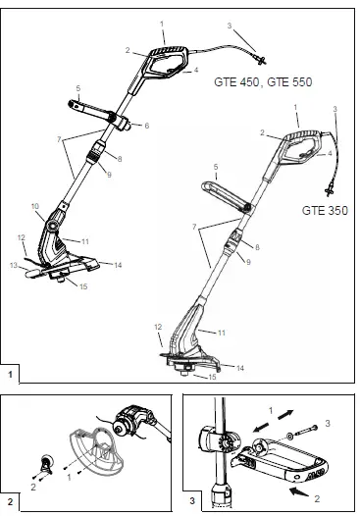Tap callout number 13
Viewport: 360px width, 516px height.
pos(15,265)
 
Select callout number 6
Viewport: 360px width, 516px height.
pos(146,126)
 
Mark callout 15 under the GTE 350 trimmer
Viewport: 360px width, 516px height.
pos(209,376)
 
